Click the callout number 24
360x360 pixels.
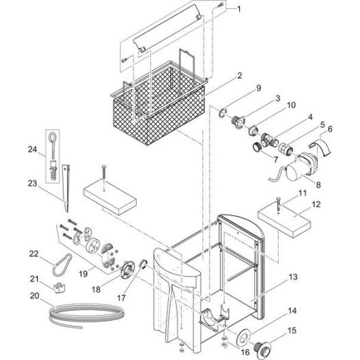point(32,150)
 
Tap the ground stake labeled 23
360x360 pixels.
point(66,188)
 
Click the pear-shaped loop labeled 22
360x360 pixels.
point(62,264)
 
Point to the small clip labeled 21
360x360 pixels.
point(59,288)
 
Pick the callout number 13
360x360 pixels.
point(293,277)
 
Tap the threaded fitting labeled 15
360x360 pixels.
point(262,349)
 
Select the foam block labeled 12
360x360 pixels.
point(284,221)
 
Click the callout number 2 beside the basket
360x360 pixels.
point(240,76)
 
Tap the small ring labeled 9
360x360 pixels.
point(223,113)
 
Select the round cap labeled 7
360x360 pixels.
point(257,147)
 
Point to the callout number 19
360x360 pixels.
point(83,274)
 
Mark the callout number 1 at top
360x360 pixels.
point(238,9)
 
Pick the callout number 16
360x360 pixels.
point(245,352)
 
